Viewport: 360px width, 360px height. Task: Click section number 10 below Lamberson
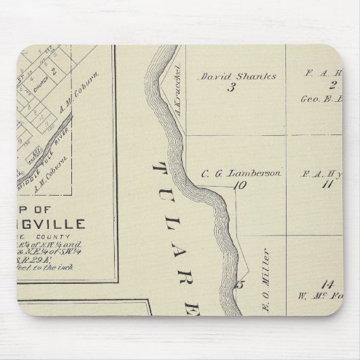(238, 184)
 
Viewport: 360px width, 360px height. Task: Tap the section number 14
(329, 283)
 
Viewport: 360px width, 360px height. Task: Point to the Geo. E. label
(319, 97)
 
